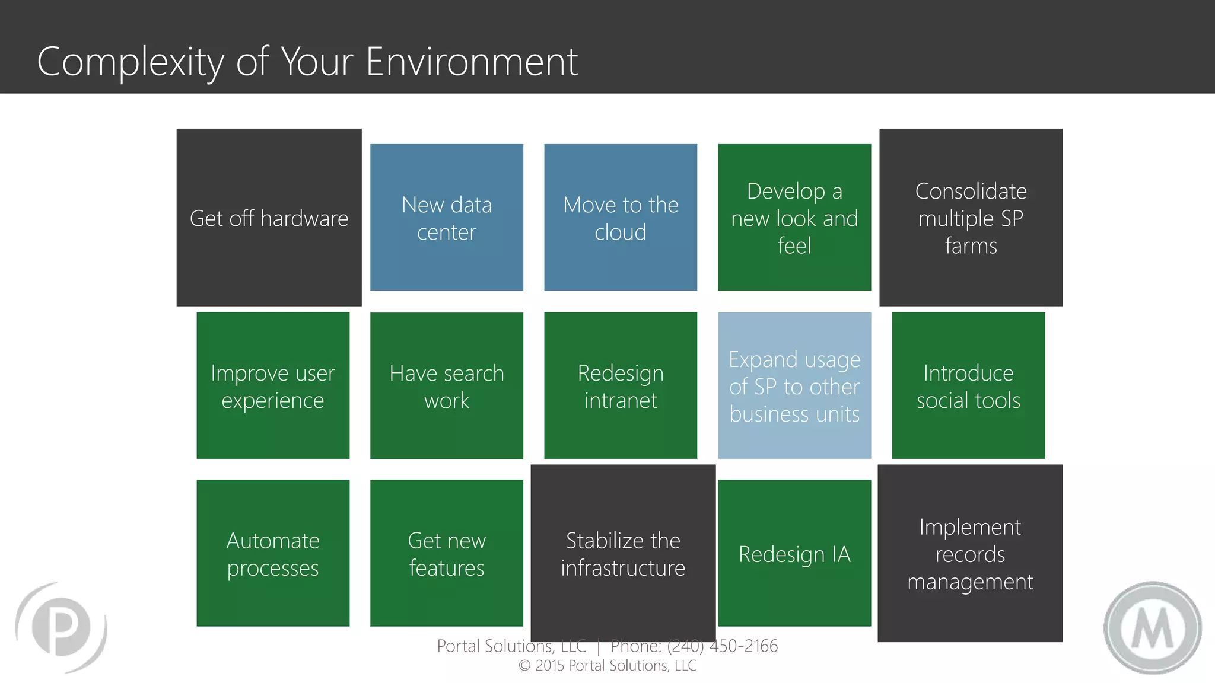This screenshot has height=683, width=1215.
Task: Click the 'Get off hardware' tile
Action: point(269,218)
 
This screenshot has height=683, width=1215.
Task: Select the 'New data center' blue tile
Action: point(446,218)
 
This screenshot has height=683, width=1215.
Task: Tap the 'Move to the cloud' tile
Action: point(620,218)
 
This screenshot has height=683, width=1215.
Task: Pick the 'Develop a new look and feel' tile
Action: point(794,218)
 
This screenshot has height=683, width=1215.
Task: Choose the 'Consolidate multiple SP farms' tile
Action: point(971,218)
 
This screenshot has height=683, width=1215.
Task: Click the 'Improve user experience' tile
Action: point(273,386)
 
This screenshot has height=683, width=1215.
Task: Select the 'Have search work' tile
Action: point(446,386)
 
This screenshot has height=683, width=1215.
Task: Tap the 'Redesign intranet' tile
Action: point(620,386)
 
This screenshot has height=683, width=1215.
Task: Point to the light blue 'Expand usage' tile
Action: point(794,386)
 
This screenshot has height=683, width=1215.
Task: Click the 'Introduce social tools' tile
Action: point(968,386)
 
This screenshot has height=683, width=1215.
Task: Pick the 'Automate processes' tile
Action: point(273,553)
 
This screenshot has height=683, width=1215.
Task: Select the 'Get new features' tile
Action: point(446,553)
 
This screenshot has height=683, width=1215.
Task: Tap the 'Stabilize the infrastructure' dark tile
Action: point(623,553)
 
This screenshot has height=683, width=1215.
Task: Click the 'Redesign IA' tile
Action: point(794,553)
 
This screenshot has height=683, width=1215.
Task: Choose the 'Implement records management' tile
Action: point(970,553)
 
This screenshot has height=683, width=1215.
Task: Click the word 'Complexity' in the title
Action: point(131,62)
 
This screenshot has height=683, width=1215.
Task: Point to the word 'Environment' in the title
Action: point(472,62)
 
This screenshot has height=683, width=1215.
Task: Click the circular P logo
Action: point(61,627)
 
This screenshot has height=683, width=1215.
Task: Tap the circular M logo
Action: point(1152,628)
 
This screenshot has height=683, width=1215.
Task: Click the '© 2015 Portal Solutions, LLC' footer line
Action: point(607,666)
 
